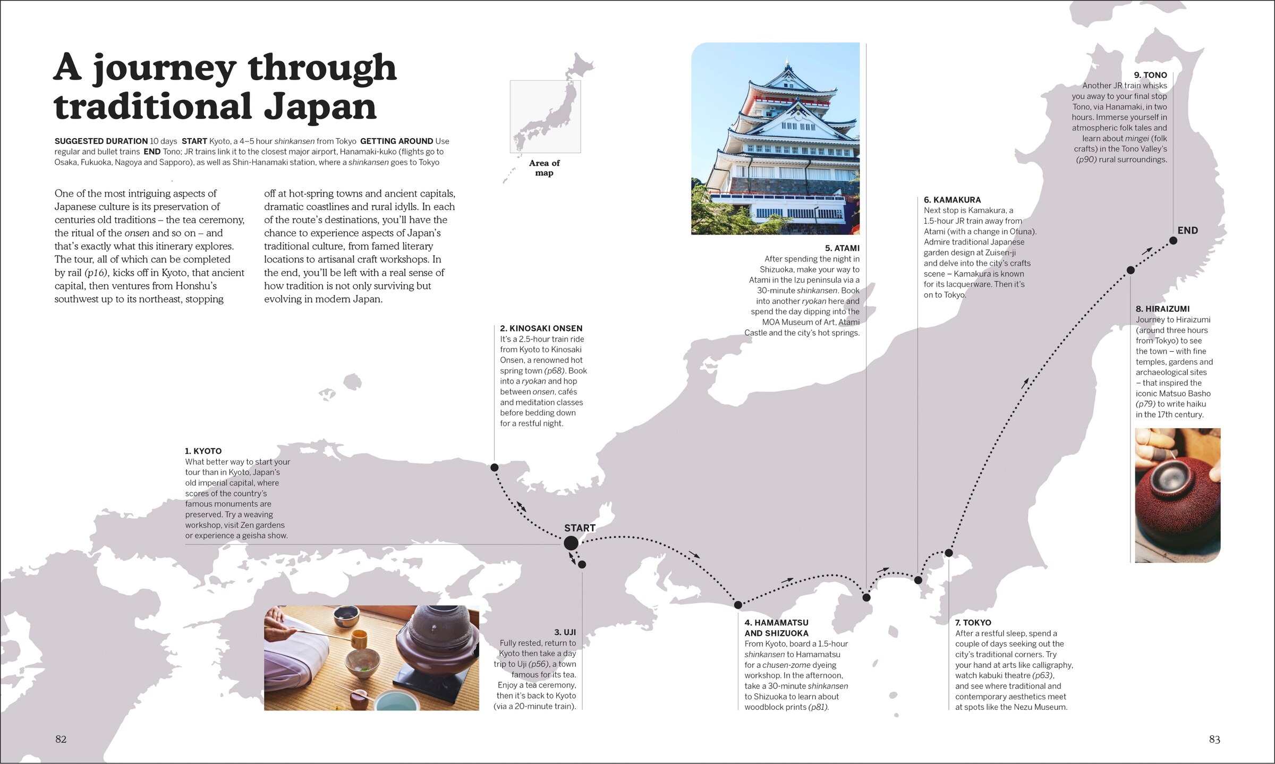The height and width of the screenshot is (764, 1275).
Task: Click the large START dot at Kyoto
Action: tap(571, 543)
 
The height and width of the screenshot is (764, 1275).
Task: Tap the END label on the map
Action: tap(1187, 231)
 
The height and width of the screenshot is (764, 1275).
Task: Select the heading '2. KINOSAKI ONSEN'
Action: tap(541, 328)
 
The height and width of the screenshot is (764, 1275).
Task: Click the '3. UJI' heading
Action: tap(565, 632)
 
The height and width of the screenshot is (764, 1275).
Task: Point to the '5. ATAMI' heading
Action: tap(842, 248)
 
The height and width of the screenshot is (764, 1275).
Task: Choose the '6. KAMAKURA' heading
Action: tap(952, 200)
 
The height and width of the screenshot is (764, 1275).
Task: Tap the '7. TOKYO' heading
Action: tap(973, 623)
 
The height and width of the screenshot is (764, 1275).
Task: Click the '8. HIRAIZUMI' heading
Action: tap(1162, 309)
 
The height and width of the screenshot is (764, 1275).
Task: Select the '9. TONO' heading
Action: tap(1150, 75)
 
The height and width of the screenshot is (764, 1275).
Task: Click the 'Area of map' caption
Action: tap(544, 168)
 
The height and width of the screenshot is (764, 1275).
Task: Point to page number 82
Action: tap(61, 739)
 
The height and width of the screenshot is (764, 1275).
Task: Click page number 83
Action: tap(1214, 739)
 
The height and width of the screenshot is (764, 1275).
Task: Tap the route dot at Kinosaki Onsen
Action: tap(494, 468)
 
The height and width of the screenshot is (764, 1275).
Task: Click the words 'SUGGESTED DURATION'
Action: tap(101, 141)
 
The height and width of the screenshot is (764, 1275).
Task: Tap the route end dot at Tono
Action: tap(1173, 241)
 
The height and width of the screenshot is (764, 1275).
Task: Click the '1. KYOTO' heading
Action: tap(203, 451)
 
